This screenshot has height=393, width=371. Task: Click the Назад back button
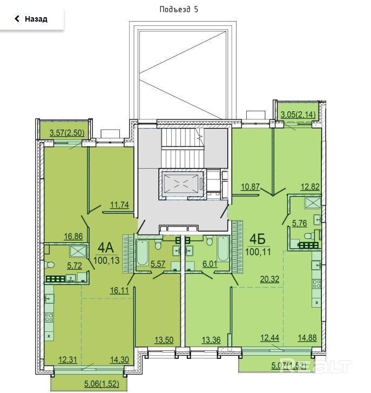(x=31, y=19)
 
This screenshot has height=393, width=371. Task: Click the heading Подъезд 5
(x=179, y=9)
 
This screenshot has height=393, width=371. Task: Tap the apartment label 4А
(x=106, y=248)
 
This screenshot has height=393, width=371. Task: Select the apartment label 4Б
(x=258, y=239)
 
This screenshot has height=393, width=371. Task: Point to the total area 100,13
(x=106, y=261)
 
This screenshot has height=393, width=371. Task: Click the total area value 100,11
(x=258, y=252)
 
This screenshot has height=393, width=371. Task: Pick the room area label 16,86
(x=73, y=236)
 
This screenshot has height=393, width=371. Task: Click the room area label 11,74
(x=120, y=205)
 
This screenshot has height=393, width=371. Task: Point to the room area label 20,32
(x=269, y=279)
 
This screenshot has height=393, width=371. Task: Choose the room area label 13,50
(x=164, y=340)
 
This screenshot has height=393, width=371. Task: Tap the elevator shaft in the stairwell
(x=183, y=184)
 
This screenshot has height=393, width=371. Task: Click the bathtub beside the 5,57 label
(x=142, y=252)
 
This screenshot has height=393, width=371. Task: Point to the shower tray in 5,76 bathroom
(x=313, y=203)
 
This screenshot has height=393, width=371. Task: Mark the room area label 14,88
(x=307, y=338)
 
